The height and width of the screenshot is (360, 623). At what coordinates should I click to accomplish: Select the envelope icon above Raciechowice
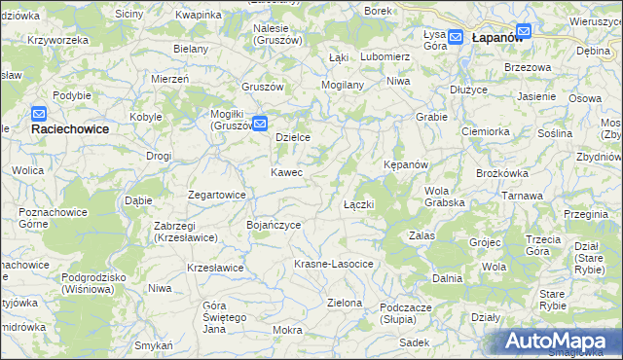pos(39,114)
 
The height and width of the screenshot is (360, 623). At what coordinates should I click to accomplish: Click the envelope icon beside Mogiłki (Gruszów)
pos(260,123)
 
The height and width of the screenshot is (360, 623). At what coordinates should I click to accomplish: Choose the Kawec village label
pos(286,172)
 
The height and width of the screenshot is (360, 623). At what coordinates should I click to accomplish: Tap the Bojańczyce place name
pos(273,225)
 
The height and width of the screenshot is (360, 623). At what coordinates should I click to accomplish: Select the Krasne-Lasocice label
pos(334,265)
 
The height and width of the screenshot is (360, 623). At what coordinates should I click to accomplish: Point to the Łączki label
pos(359,205)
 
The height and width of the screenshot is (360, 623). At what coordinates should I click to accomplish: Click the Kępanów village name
pos(406,164)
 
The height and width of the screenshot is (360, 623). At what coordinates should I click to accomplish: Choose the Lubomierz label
pos(385,56)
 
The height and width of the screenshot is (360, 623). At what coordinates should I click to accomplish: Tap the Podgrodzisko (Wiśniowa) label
pos(92,282)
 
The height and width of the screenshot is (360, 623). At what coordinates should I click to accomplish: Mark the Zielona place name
pos(345,303)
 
